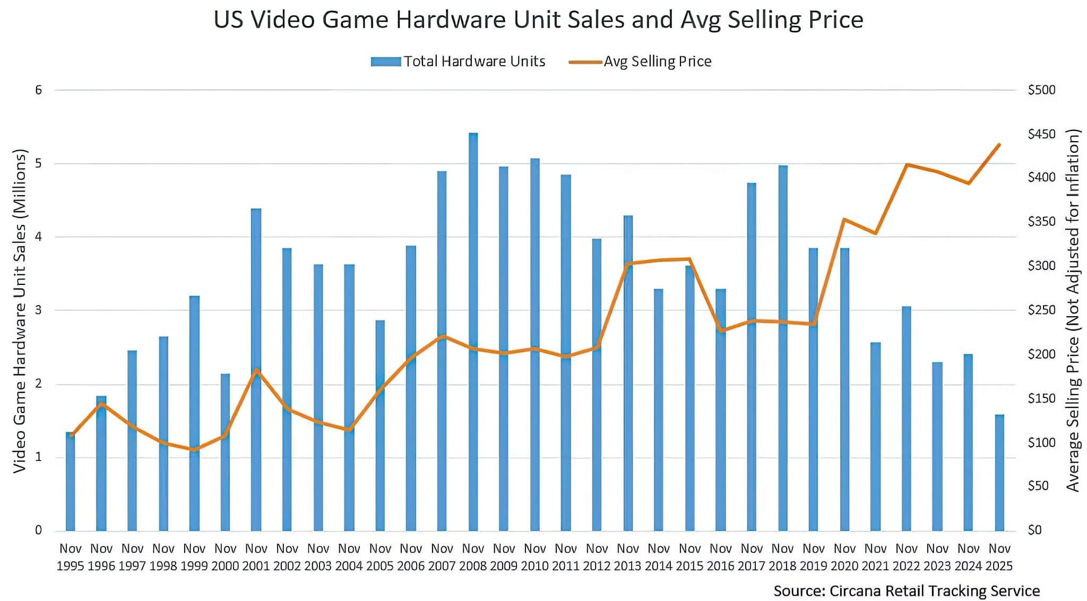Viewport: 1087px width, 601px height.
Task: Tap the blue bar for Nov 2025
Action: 999,472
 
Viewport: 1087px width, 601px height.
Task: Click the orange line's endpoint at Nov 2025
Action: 999,144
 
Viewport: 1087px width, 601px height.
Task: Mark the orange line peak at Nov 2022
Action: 907,165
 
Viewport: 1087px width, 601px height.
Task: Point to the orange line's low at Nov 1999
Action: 194,449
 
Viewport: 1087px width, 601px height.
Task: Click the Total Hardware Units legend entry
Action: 458,62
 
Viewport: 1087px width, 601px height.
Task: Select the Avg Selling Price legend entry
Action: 640,62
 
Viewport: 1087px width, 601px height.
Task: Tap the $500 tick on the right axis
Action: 1041,90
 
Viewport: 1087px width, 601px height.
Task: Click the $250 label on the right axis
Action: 1041,310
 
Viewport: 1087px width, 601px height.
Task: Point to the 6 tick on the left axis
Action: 38,90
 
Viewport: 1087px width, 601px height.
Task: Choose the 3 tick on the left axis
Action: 38,310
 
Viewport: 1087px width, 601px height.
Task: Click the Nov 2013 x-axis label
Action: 628,557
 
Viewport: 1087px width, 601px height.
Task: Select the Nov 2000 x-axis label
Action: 225,557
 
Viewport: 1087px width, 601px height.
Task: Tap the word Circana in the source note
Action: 855,591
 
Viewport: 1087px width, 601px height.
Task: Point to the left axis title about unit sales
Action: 20,310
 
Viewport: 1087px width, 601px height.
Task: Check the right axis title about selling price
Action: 1073,310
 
